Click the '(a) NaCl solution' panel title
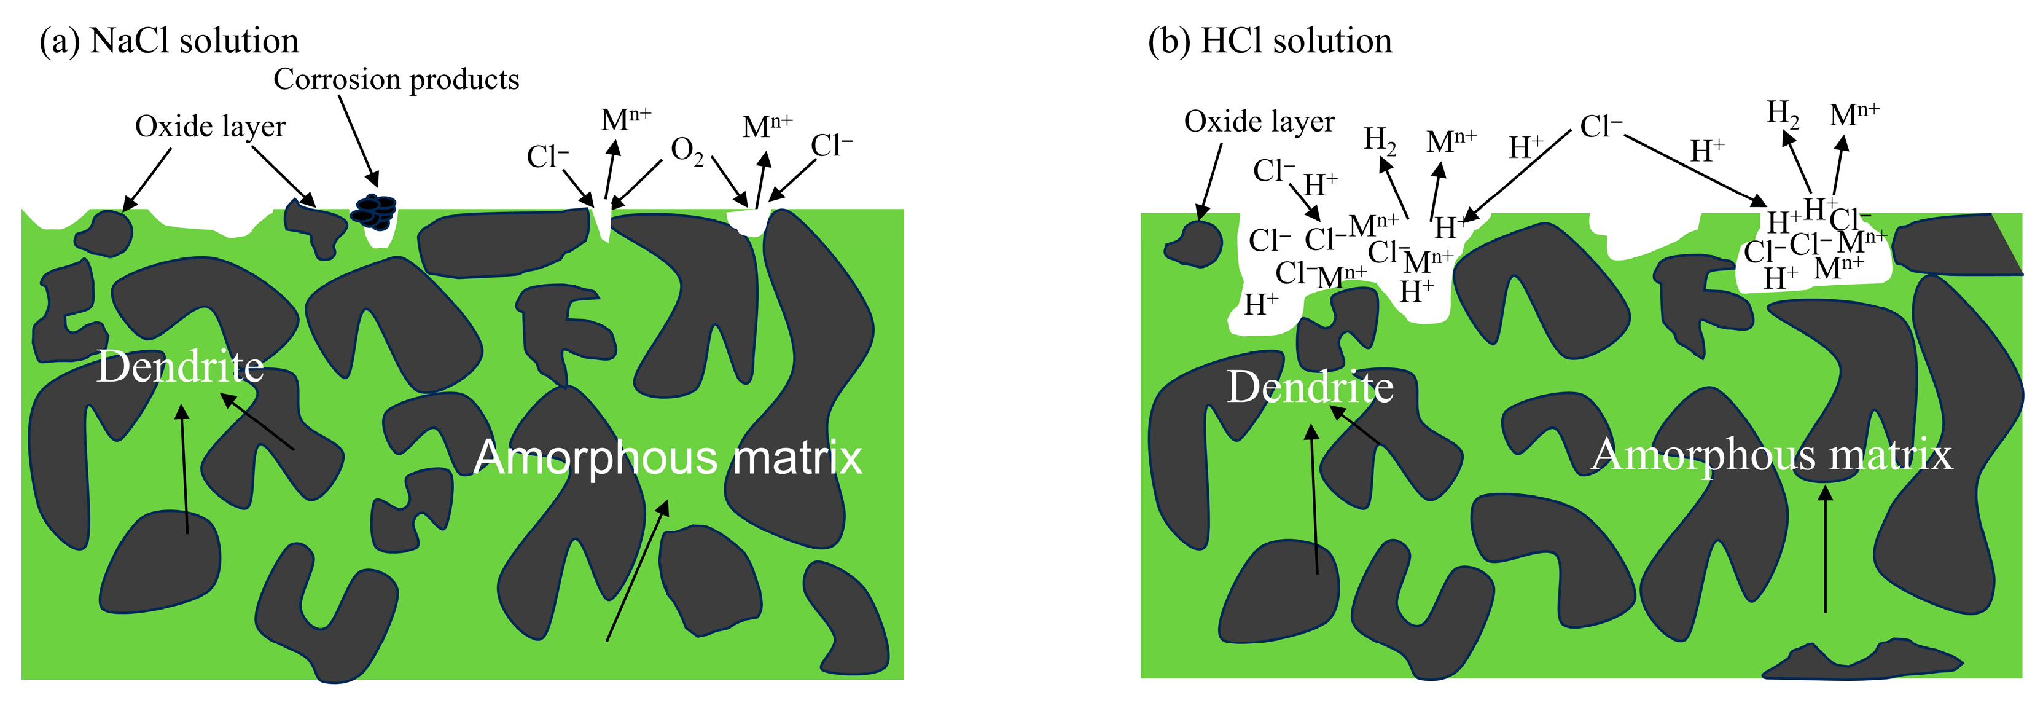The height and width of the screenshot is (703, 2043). click(169, 41)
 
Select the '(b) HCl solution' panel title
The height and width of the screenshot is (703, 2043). click(1269, 41)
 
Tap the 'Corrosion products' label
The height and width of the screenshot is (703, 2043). click(396, 79)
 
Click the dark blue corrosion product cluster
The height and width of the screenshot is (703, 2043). click(374, 211)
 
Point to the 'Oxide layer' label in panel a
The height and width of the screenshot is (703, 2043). click(210, 126)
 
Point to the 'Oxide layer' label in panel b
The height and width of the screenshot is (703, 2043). click(1259, 122)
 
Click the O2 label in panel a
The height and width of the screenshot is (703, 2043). click(687, 151)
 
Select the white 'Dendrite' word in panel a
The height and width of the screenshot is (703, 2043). click(180, 367)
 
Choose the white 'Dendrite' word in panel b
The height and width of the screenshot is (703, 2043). click(1310, 387)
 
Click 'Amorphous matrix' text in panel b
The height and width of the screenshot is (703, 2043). click(1771, 455)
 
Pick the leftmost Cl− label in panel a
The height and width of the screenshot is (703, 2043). click(547, 157)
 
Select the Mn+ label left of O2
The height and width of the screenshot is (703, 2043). click(626, 120)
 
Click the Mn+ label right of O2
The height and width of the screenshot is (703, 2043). click(767, 126)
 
